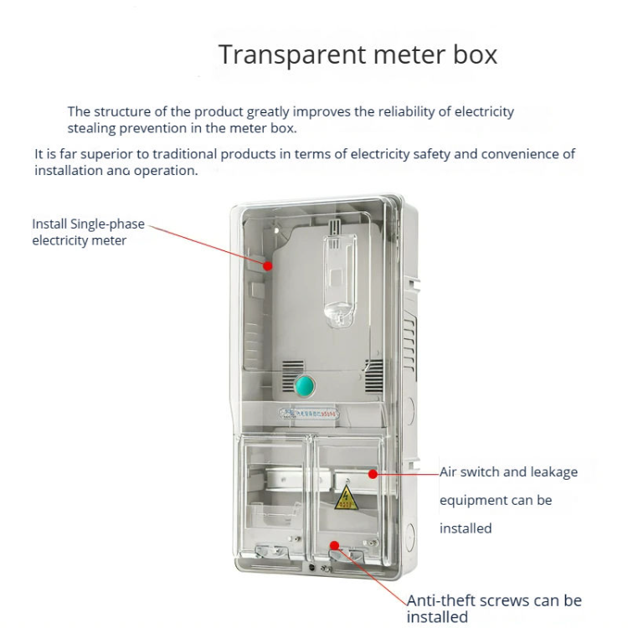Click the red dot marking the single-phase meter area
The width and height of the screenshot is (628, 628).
268,265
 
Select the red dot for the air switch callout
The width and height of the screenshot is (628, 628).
373,475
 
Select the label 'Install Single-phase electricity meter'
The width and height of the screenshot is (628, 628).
88,232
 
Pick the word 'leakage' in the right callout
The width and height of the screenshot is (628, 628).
550,472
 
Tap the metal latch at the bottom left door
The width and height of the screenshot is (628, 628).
268,553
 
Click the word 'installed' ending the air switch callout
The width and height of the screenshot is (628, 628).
466,528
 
